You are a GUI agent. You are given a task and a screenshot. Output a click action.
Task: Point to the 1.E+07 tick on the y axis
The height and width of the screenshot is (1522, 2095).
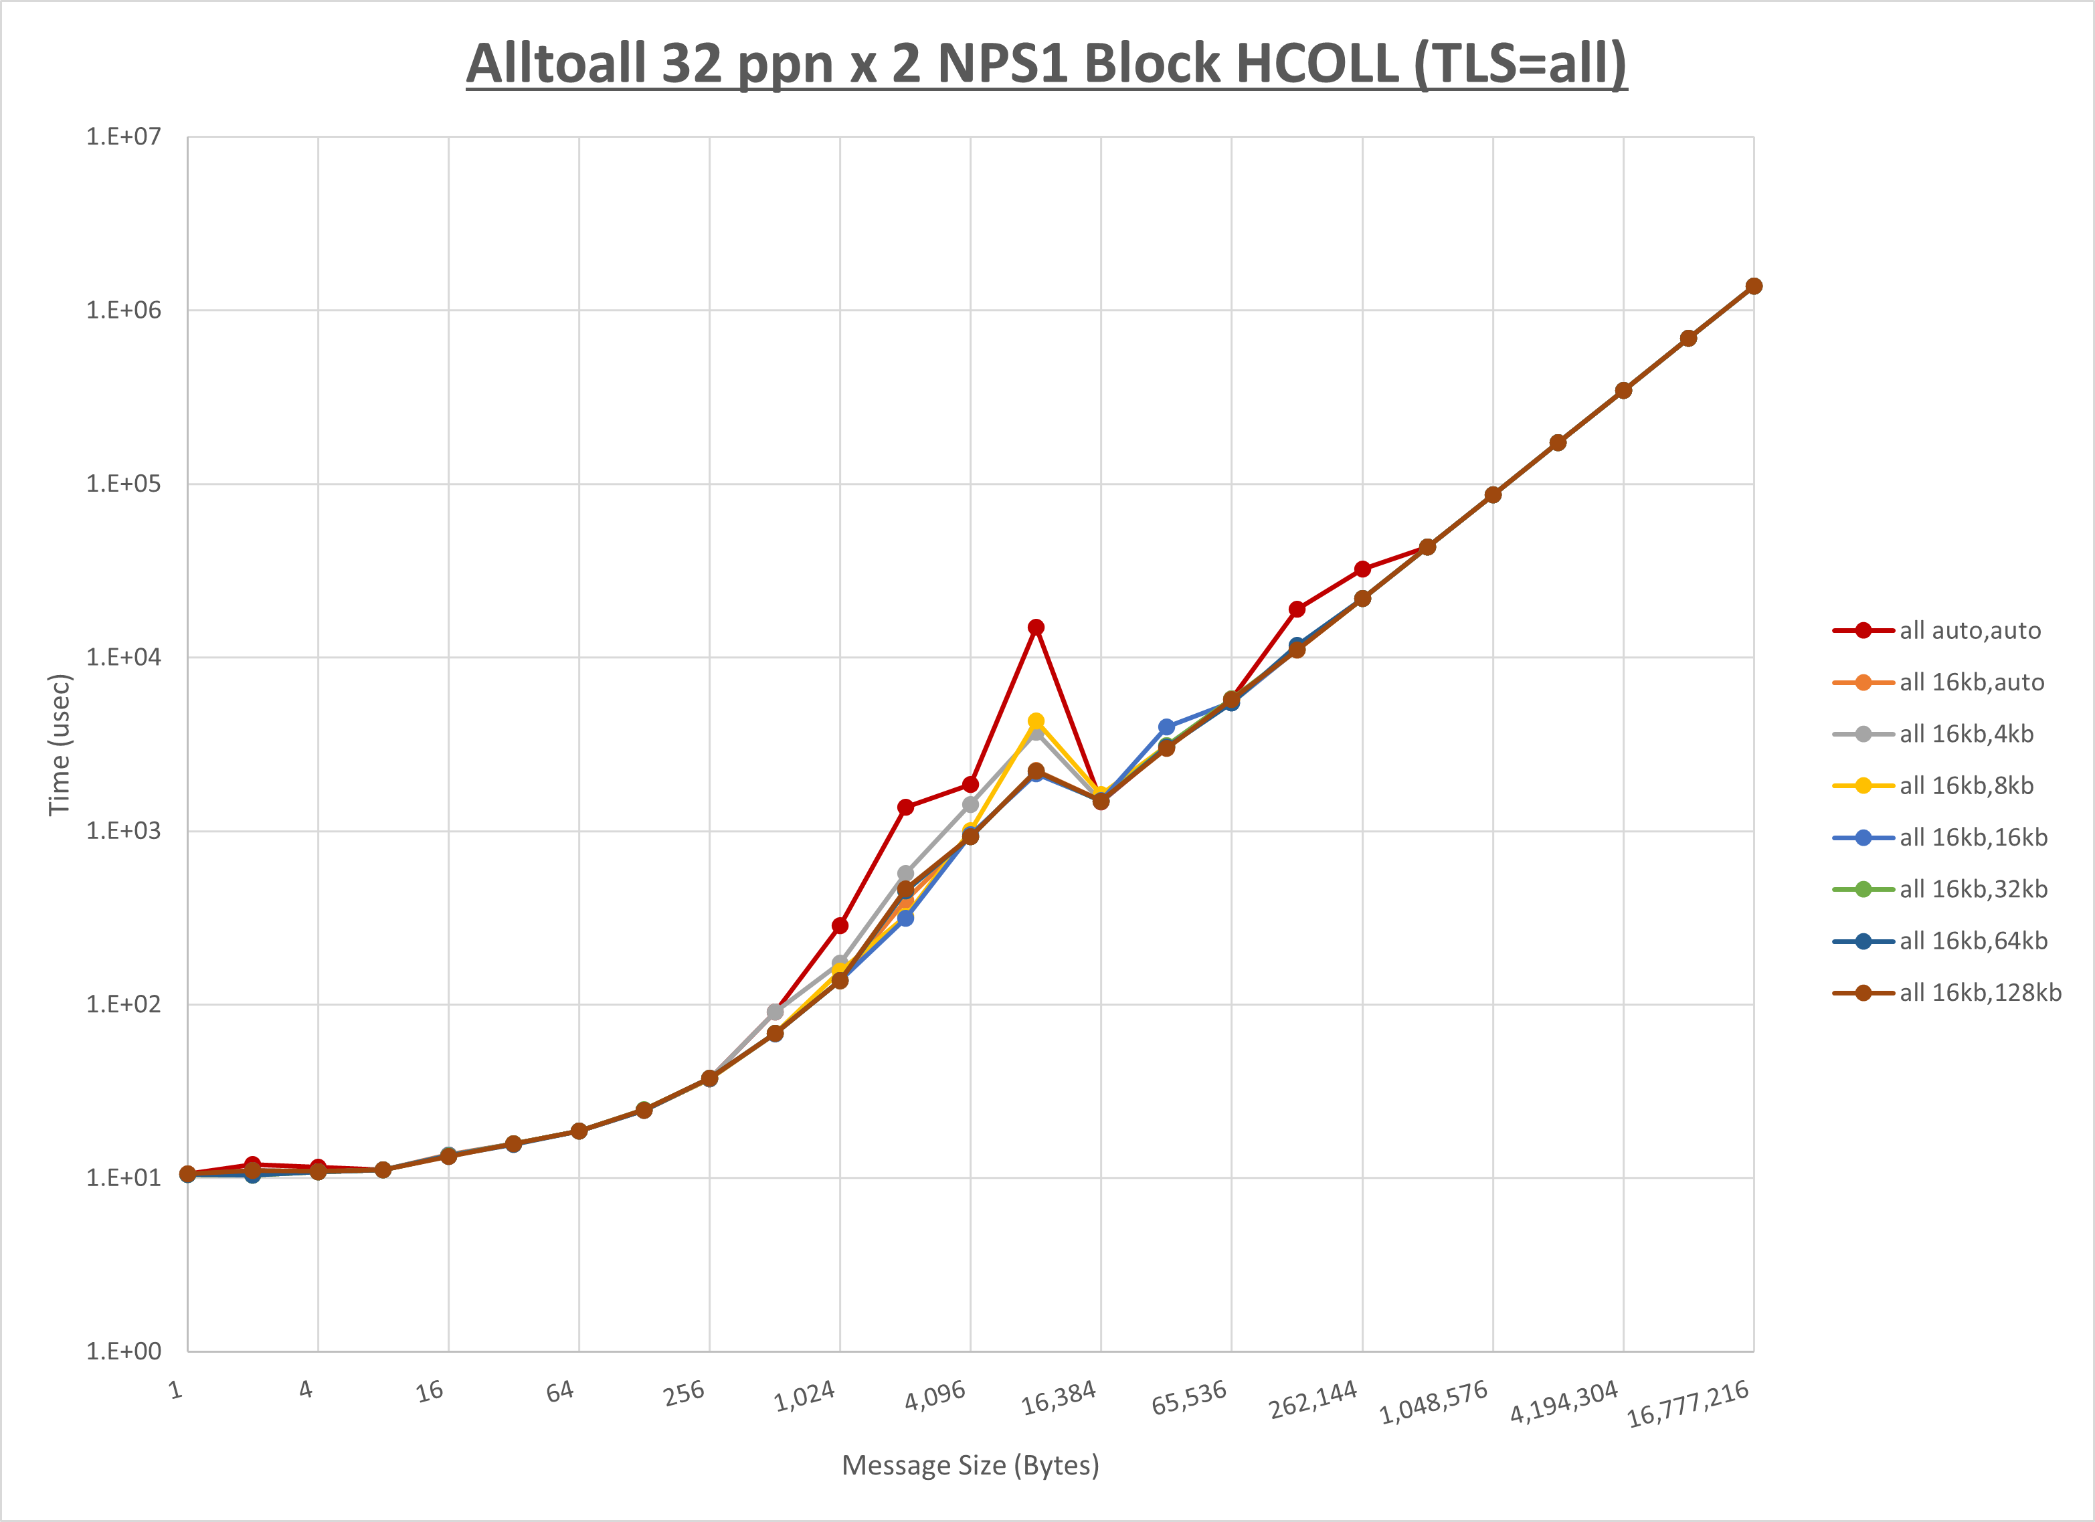123,136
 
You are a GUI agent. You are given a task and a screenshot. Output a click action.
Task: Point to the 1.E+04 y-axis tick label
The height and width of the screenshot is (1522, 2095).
123,657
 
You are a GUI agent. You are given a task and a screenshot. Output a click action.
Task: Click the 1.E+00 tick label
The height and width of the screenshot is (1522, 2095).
123,1351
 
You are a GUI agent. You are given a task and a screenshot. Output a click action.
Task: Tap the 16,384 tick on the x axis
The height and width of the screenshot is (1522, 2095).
1059,1398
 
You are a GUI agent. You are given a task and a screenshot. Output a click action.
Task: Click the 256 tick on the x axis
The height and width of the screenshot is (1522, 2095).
685,1393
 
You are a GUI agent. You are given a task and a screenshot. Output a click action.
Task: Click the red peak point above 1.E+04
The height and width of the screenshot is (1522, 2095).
1036,627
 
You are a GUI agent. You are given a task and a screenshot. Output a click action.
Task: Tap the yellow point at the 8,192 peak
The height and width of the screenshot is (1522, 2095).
1036,721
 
